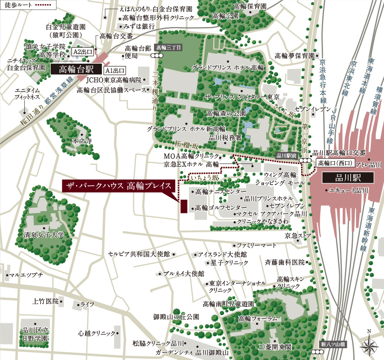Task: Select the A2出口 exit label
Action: tap(83, 52)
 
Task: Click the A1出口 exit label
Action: tap(115, 71)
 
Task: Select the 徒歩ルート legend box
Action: tap(28, 5)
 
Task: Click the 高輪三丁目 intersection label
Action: tap(169, 47)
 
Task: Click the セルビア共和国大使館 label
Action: tap(139, 253)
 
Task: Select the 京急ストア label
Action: tap(298, 235)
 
